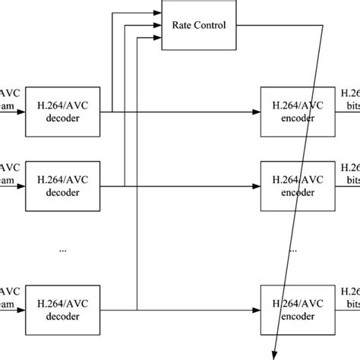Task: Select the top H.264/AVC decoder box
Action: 64,112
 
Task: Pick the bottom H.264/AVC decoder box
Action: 64,309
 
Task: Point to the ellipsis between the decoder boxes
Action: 63,248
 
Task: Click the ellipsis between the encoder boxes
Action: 293,248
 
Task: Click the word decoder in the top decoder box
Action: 64,119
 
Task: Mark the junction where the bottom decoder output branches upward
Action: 137,309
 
